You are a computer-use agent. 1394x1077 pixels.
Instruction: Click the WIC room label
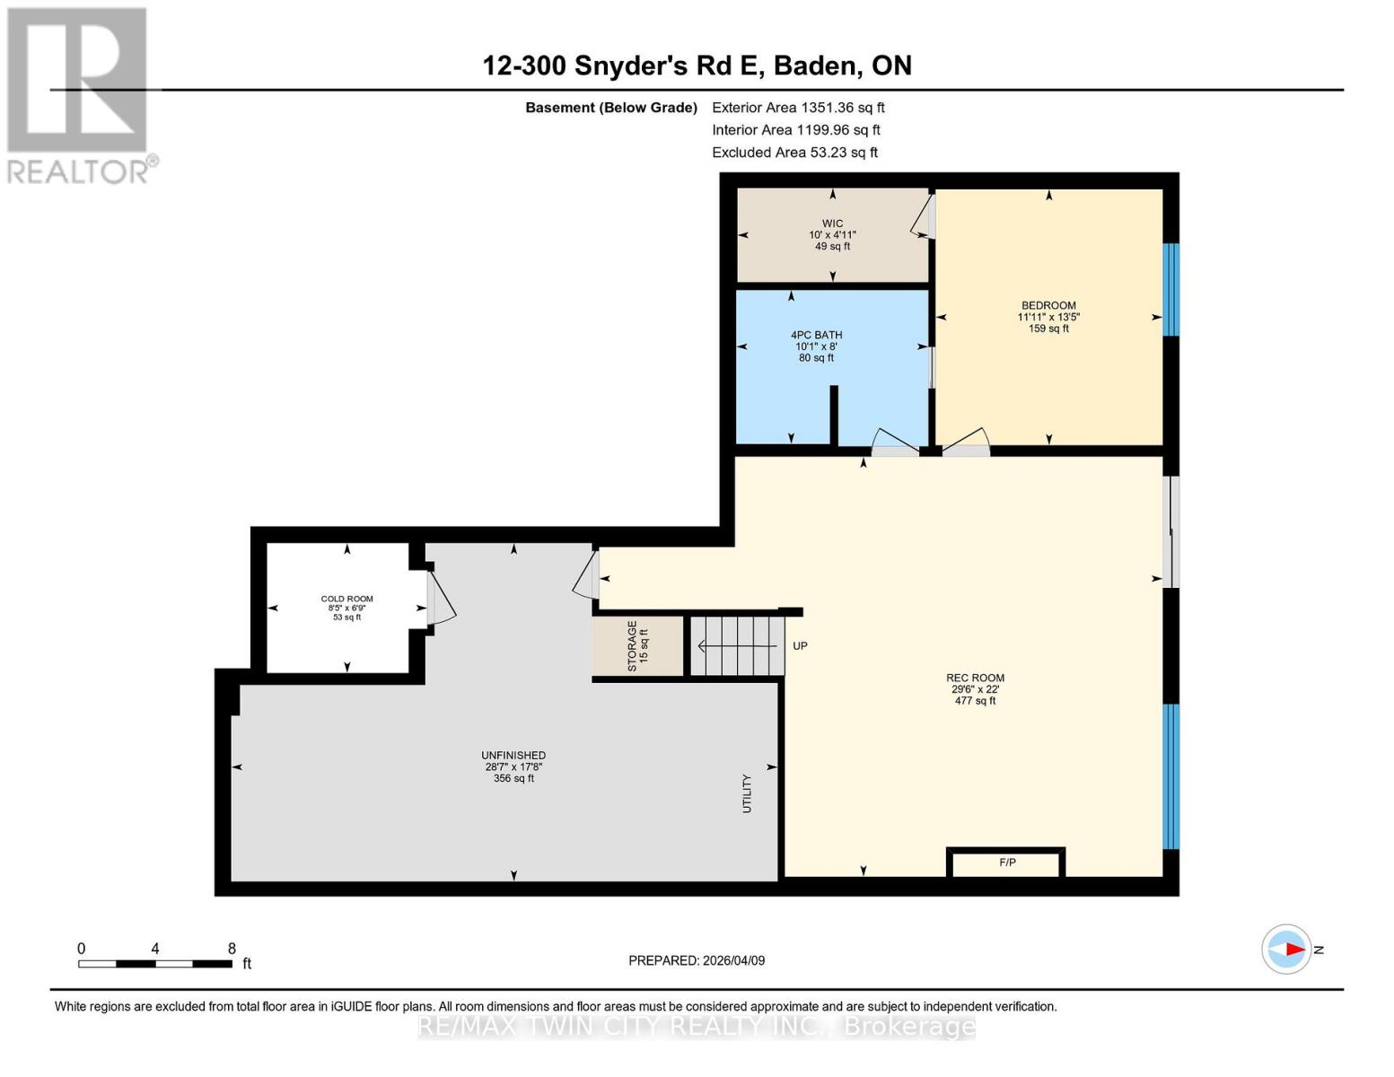tap(832, 223)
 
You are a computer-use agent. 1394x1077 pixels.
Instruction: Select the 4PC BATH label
tap(816, 335)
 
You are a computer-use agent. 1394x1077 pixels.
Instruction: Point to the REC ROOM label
tap(975, 678)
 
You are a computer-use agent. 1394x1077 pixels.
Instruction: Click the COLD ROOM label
tap(346, 599)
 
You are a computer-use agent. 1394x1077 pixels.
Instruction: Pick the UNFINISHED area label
tap(513, 756)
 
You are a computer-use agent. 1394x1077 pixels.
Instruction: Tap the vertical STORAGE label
tap(632, 645)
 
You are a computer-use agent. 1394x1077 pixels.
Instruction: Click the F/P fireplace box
tap(1006, 862)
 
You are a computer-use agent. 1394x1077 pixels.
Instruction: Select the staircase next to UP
tap(736, 645)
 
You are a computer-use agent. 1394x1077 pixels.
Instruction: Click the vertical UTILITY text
tap(746, 793)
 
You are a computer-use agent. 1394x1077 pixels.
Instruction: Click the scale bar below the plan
tap(155, 964)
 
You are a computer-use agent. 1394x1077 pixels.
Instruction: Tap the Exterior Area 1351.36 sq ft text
tap(798, 108)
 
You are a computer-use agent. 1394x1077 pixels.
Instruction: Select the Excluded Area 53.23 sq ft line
tap(794, 153)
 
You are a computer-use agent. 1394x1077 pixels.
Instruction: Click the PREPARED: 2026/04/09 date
tap(697, 960)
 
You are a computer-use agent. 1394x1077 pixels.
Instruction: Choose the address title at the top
tap(697, 66)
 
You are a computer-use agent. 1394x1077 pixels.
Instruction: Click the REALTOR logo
tap(79, 94)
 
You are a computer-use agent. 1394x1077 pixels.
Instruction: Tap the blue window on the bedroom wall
tap(1170, 289)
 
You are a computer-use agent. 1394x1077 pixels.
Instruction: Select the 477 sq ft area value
tap(975, 701)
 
